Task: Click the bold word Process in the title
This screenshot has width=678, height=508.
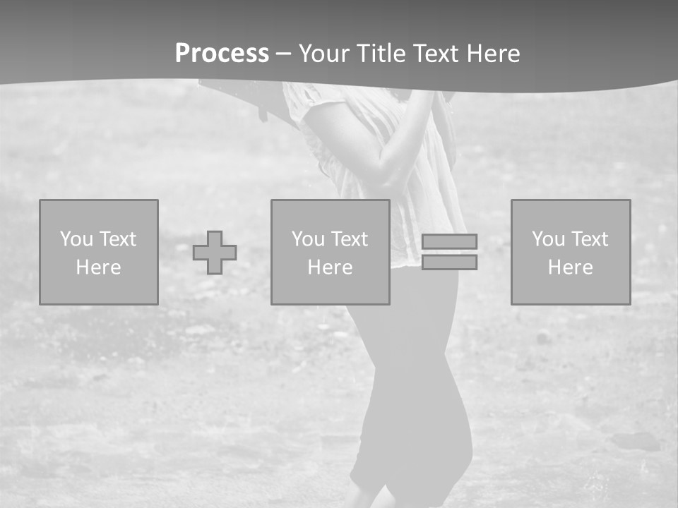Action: click(222, 54)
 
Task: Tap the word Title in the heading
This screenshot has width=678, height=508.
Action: click(382, 54)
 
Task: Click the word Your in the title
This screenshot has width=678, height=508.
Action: click(326, 54)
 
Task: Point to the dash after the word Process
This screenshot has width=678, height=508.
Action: click(284, 54)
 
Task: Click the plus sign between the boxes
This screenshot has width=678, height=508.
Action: click(215, 252)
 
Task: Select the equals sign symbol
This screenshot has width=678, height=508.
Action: click(449, 252)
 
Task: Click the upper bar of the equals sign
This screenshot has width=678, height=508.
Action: click(449, 241)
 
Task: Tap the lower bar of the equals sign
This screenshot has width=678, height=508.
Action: click(449, 262)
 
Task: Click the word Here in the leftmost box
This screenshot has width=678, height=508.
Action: click(99, 267)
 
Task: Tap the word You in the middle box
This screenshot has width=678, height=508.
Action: click(307, 239)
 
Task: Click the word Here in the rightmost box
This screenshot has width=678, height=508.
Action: click(571, 267)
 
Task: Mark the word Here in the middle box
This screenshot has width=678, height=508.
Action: click(331, 267)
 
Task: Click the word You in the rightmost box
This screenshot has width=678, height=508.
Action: click(547, 239)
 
